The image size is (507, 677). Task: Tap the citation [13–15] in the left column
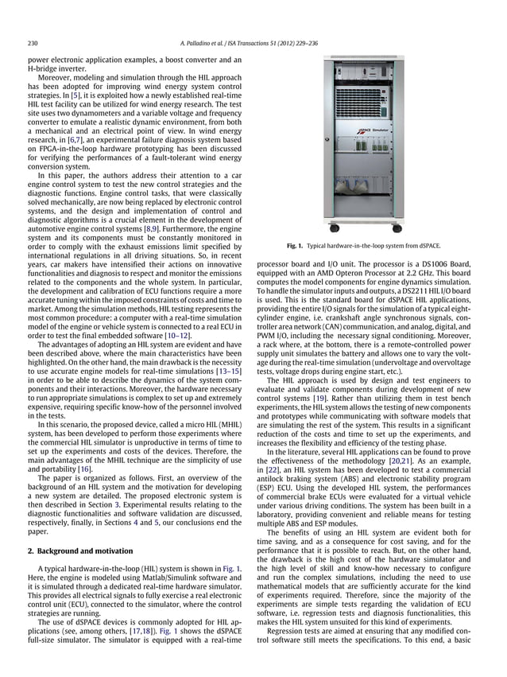coord(234,372)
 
